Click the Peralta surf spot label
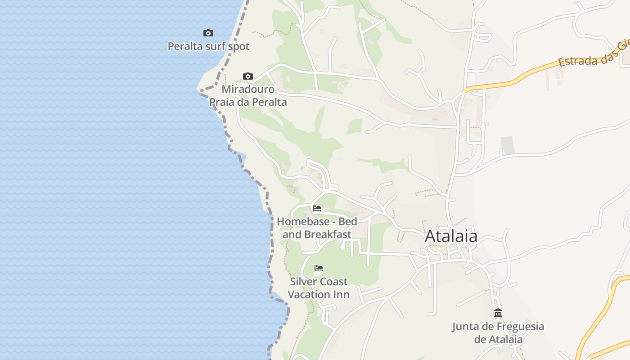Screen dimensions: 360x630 [208, 46]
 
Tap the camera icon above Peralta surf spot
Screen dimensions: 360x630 [208, 33]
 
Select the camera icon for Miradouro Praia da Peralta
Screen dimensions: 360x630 [248, 76]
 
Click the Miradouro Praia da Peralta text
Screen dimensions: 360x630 [248, 95]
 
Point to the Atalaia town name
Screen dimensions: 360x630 [451, 236]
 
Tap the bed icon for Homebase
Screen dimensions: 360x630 [317, 208]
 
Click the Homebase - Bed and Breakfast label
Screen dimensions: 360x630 [317, 228]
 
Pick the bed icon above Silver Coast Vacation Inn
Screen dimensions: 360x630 [319, 268]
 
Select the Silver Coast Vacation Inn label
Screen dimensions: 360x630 [319, 288]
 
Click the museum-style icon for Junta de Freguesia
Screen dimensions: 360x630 [498, 313]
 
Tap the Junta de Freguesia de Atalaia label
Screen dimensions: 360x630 [498, 333]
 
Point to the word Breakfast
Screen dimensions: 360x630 [328, 234]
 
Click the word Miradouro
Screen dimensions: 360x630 [248, 89]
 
